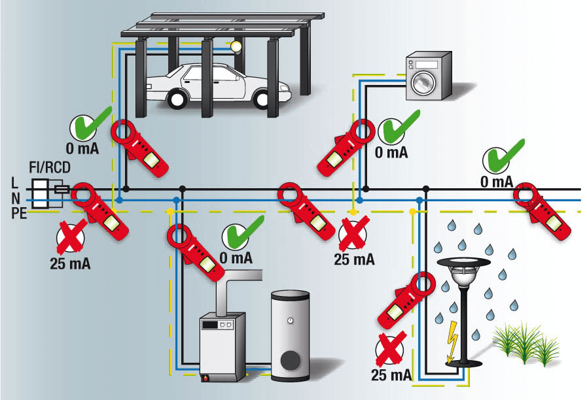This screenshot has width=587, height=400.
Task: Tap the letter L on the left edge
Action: (14, 183)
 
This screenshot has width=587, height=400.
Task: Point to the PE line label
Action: (18, 213)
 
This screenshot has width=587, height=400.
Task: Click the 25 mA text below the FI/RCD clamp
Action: (70, 265)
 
